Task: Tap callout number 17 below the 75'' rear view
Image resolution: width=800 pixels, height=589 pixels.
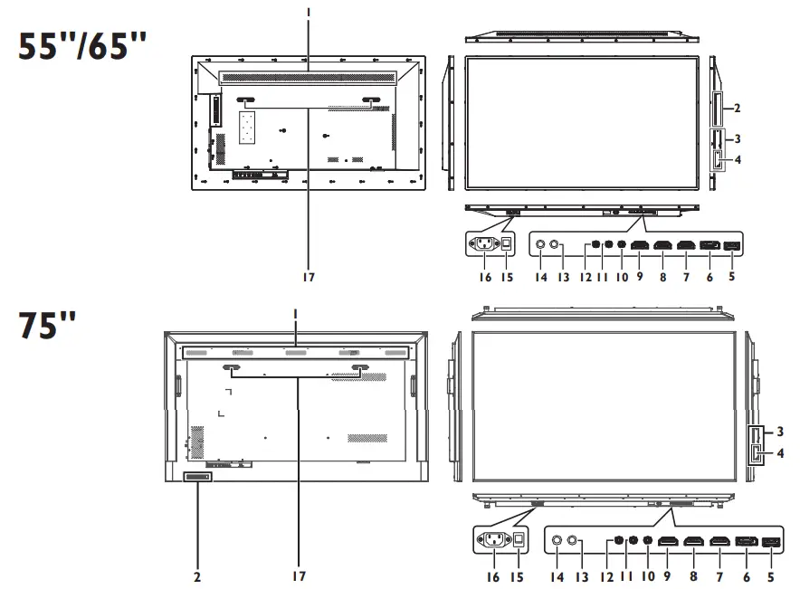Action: [x=297, y=574]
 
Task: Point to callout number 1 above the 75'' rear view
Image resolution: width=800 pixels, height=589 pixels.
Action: [x=297, y=313]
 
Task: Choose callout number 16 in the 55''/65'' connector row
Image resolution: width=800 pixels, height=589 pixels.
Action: [x=485, y=278]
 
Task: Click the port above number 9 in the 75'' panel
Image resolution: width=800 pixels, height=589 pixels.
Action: [x=668, y=541]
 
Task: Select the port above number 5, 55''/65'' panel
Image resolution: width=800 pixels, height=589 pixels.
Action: [x=730, y=244]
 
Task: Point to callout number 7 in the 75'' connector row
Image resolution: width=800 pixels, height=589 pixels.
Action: [x=721, y=574]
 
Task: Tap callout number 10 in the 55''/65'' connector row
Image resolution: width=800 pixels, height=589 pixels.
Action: [x=621, y=278]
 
